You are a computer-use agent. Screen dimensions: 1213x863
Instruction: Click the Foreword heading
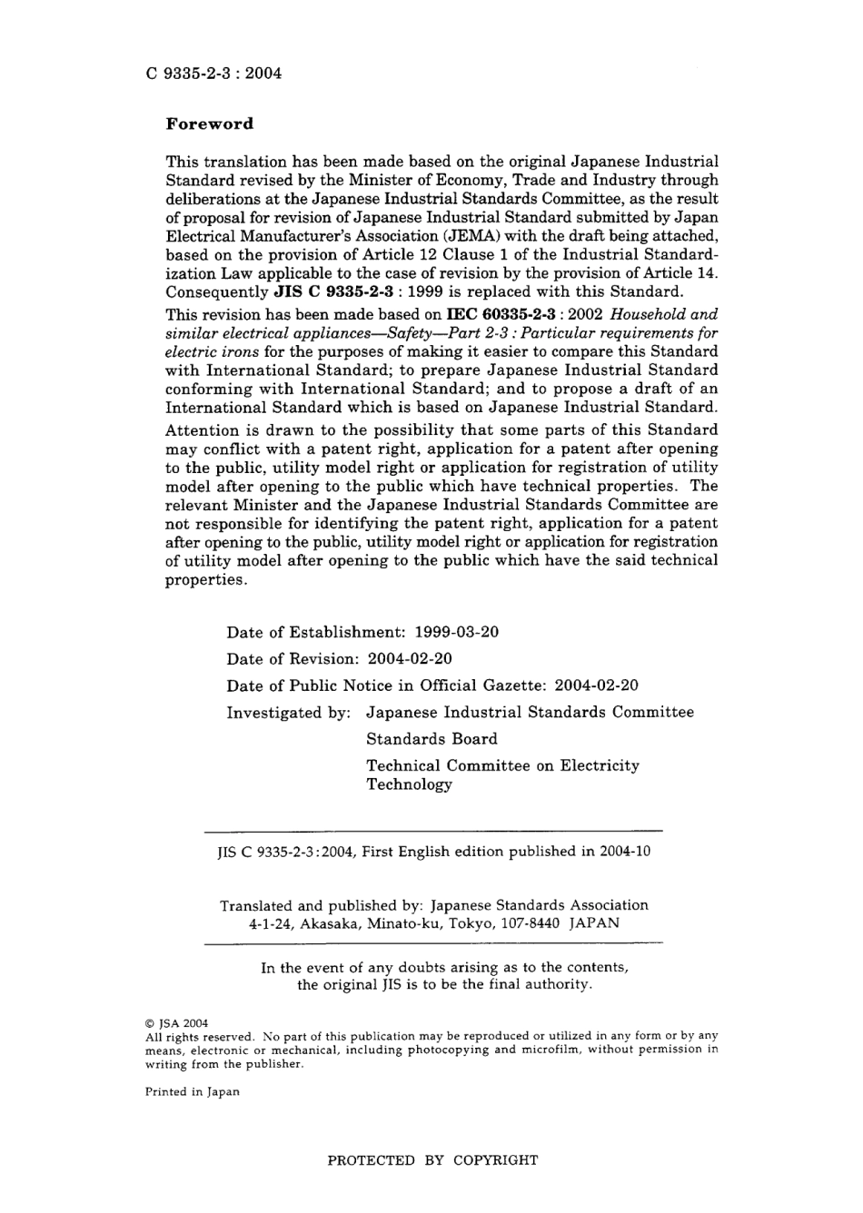209,124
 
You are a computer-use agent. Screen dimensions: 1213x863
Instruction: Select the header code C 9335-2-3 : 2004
213,74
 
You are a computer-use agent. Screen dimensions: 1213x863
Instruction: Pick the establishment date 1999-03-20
456,632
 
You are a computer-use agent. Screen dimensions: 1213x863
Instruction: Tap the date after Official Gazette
596,686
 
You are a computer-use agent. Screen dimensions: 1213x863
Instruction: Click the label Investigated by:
288,713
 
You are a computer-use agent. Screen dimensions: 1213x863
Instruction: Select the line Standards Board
431,739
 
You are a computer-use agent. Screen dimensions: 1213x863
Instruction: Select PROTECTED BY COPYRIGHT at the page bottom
432,1160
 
